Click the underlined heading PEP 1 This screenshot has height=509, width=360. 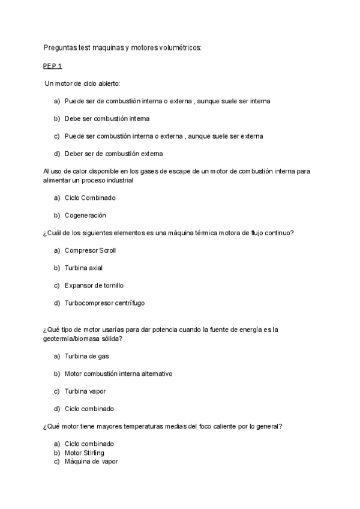click(x=52, y=65)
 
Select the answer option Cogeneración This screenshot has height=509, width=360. click(x=85, y=215)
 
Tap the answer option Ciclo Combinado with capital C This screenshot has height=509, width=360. click(x=90, y=197)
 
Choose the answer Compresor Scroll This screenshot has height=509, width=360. click(x=90, y=250)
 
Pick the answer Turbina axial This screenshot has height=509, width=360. click(x=83, y=268)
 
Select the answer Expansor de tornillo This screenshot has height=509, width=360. click(x=94, y=285)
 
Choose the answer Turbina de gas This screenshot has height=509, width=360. click(x=86, y=356)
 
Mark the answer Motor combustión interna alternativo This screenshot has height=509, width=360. click(x=118, y=373)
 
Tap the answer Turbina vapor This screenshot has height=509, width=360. click(x=85, y=391)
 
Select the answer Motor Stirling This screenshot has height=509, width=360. click(x=84, y=453)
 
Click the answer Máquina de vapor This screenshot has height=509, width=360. click(x=91, y=462)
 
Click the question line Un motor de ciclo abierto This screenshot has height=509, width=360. click(x=82, y=83)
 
